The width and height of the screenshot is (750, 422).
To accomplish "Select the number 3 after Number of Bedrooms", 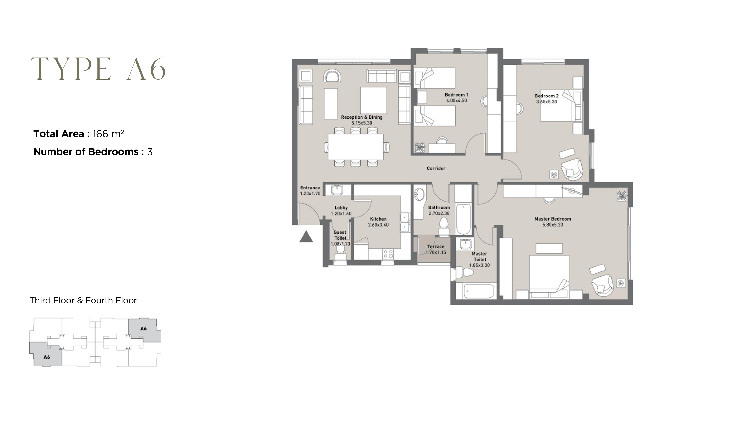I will [x=150, y=152].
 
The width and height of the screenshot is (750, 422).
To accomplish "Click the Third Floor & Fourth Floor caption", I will [x=83, y=300].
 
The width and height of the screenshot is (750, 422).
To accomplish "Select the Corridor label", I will [x=436, y=168].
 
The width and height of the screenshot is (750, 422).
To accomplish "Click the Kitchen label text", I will [x=378, y=219].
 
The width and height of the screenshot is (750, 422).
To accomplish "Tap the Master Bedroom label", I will [x=552, y=219].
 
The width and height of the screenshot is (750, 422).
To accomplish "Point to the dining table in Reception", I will [x=355, y=147].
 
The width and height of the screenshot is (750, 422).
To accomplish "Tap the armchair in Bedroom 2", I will [x=571, y=169].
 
